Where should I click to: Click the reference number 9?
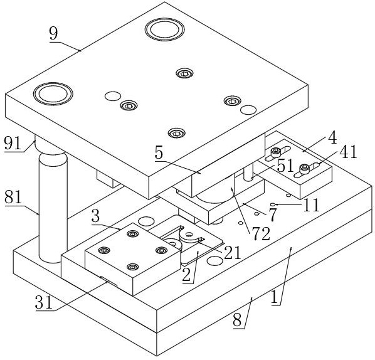point(54,33)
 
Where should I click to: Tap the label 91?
point(13,143)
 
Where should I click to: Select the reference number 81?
point(13,196)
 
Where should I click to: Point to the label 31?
point(44,302)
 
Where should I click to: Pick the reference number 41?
point(349,152)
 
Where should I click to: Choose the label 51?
point(285,166)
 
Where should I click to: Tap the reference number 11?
point(312,205)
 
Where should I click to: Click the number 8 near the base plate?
point(237,320)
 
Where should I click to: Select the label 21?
point(232,253)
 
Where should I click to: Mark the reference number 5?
point(159,153)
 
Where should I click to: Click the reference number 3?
point(95,217)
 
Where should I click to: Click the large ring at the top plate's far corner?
point(164,29)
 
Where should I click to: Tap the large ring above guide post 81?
point(53,93)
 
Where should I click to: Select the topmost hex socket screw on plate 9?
point(184,73)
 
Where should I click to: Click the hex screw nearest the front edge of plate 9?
point(177,133)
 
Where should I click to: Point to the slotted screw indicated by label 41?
point(305,169)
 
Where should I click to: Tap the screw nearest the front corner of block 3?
point(133,267)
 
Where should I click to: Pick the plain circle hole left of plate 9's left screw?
point(113,96)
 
